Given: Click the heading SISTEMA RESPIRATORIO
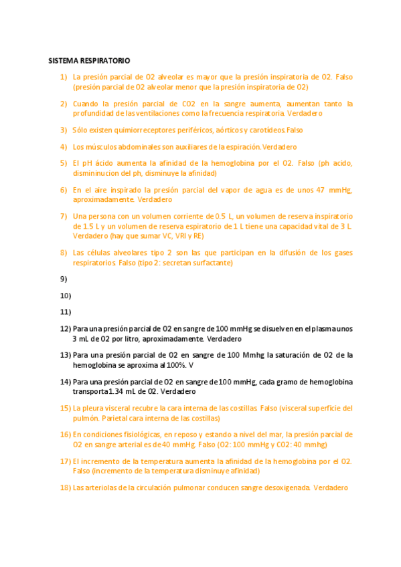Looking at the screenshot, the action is tap(89, 60).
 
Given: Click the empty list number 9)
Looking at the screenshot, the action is tap(64, 278).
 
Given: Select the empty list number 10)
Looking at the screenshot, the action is tap(65, 295).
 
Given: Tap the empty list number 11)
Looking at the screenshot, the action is tap(65, 312).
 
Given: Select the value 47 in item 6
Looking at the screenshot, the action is tap(320, 190).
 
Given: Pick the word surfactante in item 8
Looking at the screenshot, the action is tap(213, 263).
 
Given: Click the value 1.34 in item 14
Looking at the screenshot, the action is tap(127, 391).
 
